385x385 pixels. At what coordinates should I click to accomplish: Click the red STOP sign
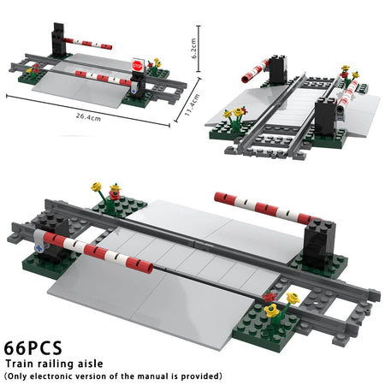click(x=137, y=65)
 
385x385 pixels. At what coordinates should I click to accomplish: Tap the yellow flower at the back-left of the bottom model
click(x=97, y=187)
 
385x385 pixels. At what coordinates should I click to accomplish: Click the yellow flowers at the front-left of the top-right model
click(x=234, y=113)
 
